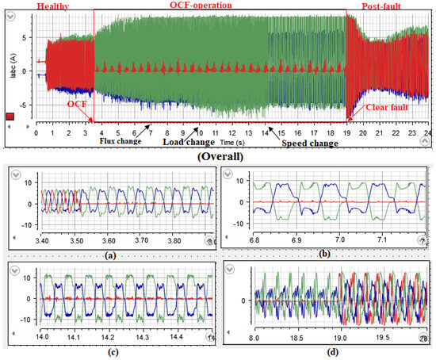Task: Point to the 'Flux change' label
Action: point(126,141)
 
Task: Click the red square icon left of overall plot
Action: point(9,117)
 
